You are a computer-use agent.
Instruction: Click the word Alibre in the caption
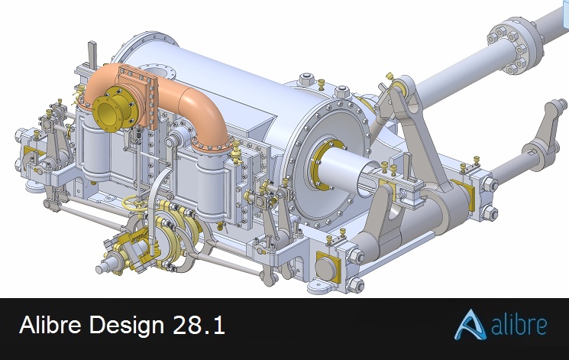(50, 324)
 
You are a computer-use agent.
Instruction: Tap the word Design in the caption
(127, 325)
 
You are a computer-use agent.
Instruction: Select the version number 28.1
(199, 324)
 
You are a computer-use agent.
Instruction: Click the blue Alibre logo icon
(470, 325)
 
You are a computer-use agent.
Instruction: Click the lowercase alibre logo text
(519, 325)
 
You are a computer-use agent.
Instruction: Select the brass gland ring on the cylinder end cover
(323, 165)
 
